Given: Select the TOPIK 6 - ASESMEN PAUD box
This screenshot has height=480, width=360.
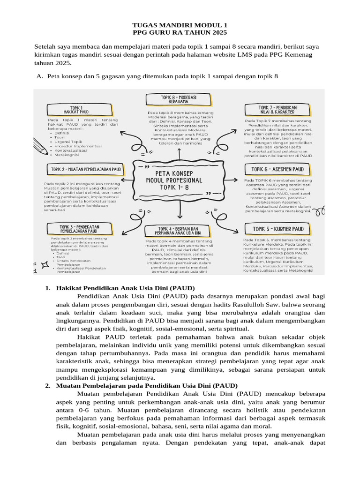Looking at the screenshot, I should click(x=278, y=169).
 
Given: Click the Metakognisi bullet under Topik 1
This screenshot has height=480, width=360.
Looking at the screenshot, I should click(x=67, y=154).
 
